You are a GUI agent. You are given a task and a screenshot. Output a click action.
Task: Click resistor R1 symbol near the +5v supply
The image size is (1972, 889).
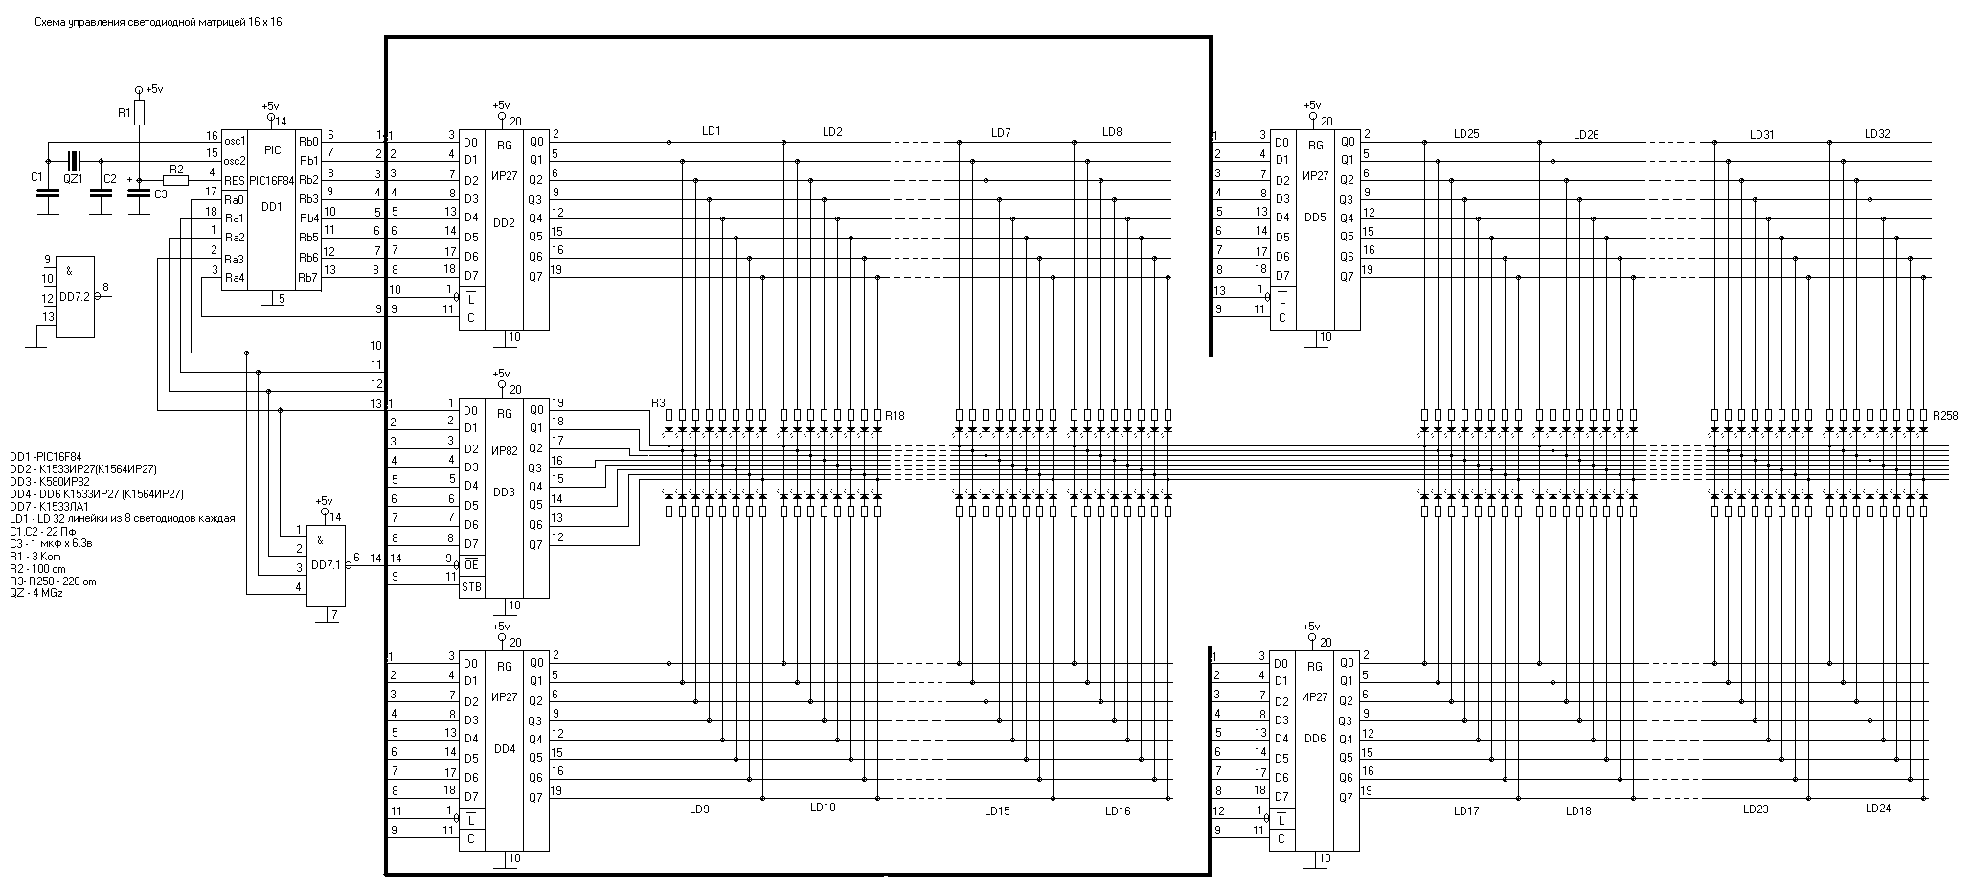click(139, 114)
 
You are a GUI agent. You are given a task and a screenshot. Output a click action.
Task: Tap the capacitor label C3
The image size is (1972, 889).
click(160, 194)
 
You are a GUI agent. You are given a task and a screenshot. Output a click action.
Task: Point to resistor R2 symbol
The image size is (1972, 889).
click(175, 180)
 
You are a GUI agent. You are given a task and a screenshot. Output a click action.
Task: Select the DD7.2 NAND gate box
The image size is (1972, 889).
click(74, 296)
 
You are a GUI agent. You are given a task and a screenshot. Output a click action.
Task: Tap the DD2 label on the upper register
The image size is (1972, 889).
click(504, 221)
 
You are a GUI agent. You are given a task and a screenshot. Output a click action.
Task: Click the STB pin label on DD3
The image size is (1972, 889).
click(471, 587)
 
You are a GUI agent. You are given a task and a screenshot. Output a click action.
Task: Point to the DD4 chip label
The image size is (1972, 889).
click(504, 749)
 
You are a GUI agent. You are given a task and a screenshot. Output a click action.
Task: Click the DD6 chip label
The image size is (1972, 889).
click(1315, 739)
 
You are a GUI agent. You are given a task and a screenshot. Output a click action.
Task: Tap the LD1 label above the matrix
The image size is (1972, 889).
click(711, 131)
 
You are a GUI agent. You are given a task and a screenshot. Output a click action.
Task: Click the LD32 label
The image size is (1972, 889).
click(1877, 134)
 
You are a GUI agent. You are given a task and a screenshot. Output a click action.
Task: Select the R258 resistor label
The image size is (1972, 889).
click(1945, 416)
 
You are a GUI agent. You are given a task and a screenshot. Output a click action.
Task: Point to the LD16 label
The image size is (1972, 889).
click(1117, 811)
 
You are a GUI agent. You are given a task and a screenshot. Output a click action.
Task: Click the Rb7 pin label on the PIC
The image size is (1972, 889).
click(307, 278)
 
